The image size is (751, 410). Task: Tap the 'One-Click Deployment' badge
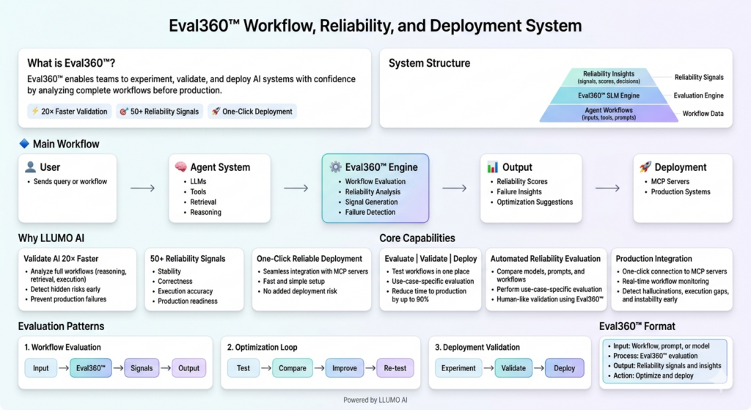click(252, 111)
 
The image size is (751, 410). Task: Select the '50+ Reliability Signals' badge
click(158, 111)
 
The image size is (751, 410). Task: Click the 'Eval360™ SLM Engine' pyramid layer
click(609, 95)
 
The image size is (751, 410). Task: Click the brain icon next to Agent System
click(180, 167)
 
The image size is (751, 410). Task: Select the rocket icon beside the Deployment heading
click(645, 167)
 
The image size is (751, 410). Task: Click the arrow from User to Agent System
click(142, 188)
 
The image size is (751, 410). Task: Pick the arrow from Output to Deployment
click(607, 188)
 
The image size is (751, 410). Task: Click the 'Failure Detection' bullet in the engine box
click(370, 212)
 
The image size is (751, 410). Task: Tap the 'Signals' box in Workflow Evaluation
click(142, 368)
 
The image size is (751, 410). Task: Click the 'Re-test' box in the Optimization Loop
click(395, 368)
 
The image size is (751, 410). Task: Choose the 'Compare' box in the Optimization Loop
click(292, 368)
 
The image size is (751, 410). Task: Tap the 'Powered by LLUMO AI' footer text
click(375, 400)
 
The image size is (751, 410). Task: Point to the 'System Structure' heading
click(429, 63)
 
